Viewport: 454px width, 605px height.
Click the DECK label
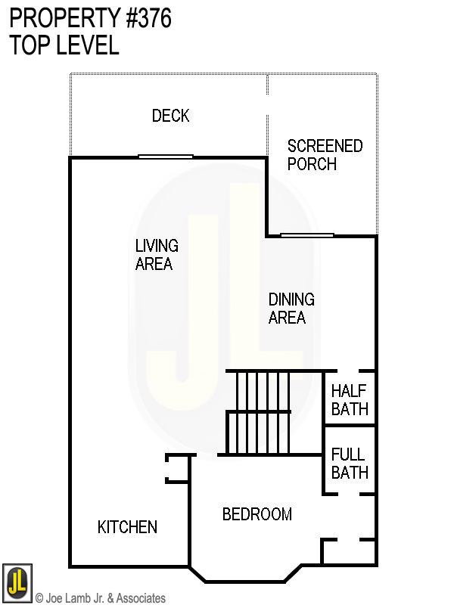coord(170,116)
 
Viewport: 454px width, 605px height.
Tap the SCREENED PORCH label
coord(325,155)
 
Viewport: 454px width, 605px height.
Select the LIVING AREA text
coord(157,255)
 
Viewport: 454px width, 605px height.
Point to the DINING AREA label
coord(291,309)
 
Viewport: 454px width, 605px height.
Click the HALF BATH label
coord(350,400)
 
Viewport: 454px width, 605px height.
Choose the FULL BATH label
coord(350,464)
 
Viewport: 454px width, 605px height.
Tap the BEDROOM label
coord(257,514)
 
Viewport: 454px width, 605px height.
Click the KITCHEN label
coord(127,527)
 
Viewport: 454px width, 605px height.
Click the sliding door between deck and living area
coord(166,157)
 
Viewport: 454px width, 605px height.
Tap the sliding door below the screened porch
coord(307,234)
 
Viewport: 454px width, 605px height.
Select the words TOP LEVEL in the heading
coord(64,45)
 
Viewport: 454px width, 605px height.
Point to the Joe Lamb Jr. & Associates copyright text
coord(101,598)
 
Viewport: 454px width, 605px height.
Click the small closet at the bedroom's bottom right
coord(349,552)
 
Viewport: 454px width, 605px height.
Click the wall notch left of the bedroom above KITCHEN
coord(176,468)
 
